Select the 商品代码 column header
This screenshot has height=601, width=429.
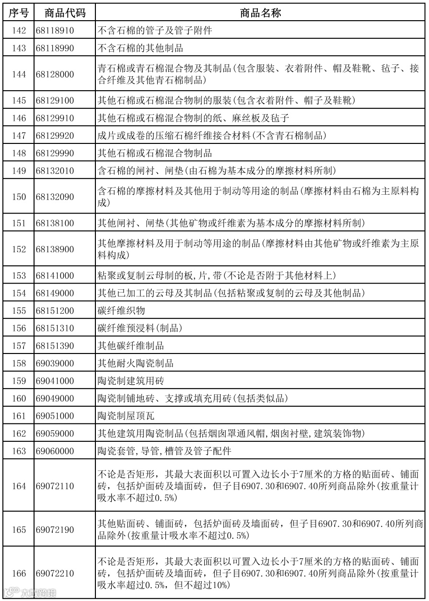pyautogui.click(x=64, y=13)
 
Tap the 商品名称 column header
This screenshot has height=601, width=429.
pyautogui.click(x=260, y=13)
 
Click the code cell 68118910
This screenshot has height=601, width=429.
pyautogui.click(x=54, y=31)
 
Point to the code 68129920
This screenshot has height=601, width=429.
pyautogui.click(x=54, y=136)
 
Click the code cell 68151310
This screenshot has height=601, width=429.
pyautogui.click(x=54, y=328)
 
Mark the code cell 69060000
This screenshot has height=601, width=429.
pyautogui.click(x=54, y=451)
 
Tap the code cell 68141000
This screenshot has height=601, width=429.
pyautogui.click(x=54, y=275)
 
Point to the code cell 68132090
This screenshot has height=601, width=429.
pyautogui.click(x=54, y=197)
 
